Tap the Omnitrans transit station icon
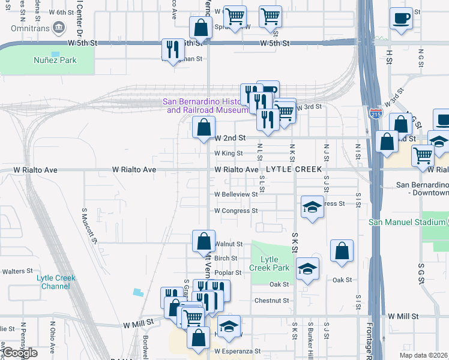coord(59,28)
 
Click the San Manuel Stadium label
coord(408,222)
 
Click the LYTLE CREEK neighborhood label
coord(295,170)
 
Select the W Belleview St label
coord(236,194)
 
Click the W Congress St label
coord(236,211)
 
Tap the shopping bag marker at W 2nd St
coord(203,127)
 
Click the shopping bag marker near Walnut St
coord(203,241)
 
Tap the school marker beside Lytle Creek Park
coord(307,269)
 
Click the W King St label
coord(229,154)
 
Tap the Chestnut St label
coord(272,301)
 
